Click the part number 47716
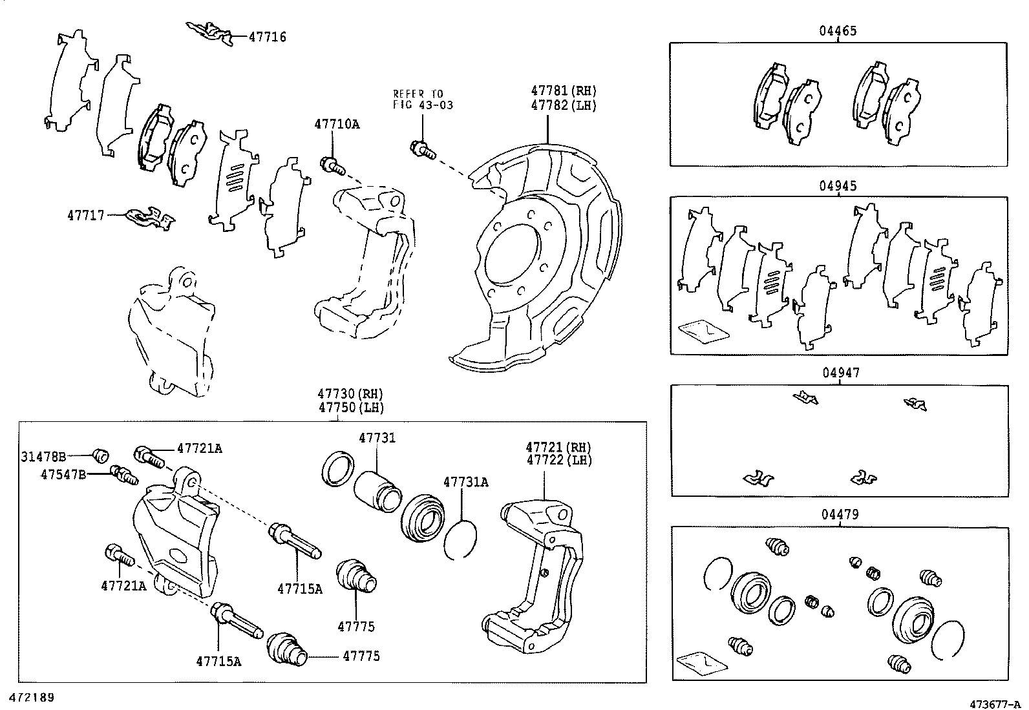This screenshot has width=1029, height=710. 268,37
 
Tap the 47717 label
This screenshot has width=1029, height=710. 86,215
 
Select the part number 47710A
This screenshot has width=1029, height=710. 337,124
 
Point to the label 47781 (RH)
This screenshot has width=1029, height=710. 563,90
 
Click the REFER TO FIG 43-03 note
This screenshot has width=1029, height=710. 423,99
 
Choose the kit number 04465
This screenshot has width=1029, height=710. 838,31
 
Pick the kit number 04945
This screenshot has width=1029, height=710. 838,185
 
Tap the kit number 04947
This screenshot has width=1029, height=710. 841,373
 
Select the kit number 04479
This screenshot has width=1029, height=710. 840,514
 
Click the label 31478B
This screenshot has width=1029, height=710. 43,457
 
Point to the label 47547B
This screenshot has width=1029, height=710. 63,474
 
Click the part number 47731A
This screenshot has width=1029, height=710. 466,482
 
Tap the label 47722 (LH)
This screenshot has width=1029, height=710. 559,460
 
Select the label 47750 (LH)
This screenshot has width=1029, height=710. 350,408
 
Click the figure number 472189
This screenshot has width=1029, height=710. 32,698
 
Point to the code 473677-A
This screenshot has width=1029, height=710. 995,704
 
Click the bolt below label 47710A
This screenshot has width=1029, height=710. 332,166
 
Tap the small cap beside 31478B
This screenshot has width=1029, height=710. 101,455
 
